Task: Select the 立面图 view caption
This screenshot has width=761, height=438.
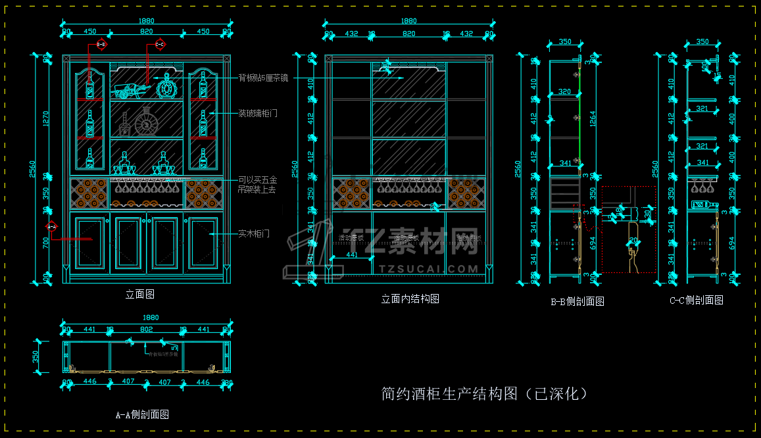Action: (139, 294)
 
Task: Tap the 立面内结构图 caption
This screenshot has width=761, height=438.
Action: (410, 299)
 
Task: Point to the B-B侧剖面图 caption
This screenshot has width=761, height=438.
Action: (577, 301)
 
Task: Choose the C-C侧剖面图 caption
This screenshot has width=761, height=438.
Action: (696, 300)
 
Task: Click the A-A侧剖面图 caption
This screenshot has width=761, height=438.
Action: (142, 414)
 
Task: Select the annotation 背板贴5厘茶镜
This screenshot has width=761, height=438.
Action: (263, 78)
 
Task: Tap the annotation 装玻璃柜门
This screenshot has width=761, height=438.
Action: (257, 113)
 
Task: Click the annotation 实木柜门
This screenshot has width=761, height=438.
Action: (253, 233)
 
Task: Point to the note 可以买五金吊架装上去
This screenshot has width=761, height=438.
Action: (257, 184)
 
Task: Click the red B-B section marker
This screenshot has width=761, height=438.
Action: (101, 45)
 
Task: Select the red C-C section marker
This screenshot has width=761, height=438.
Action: (159, 45)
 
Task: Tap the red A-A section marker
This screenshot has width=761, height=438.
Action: (51, 227)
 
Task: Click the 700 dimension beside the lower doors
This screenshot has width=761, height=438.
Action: (46, 243)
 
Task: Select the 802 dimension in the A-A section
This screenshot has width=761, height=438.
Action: (146, 329)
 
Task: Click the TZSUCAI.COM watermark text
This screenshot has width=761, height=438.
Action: (428, 269)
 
